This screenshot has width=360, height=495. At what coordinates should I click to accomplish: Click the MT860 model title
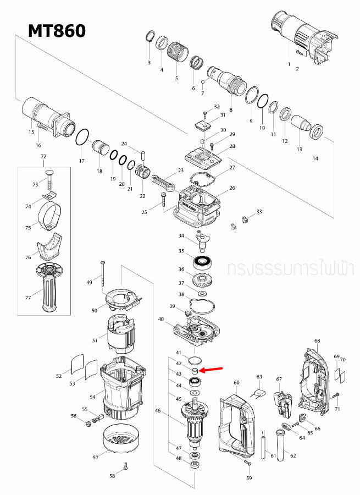[57, 30]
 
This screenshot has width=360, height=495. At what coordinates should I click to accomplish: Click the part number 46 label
[158, 410]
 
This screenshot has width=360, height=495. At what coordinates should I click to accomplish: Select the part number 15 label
[31, 132]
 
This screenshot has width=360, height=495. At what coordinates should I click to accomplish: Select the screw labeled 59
[246, 464]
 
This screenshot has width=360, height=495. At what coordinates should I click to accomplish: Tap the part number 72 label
[43, 157]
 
